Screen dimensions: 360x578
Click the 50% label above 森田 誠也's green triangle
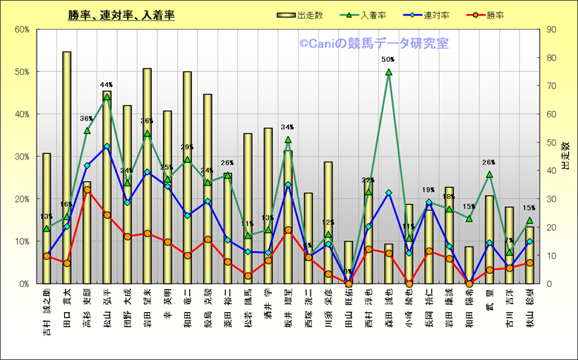pyautogui.click(x=387, y=60)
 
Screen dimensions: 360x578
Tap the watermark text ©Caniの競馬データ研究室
pyautogui.click(x=373, y=44)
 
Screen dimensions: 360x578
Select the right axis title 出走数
pyautogui.click(x=565, y=156)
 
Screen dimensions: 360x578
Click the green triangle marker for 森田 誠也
pyautogui.click(x=388, y=72)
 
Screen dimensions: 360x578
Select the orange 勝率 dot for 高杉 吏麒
pyautogui.click(x=87, y=190)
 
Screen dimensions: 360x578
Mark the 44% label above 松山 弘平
pyautogui.click(x=107, y=85)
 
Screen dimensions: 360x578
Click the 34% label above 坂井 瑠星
pyautogui.click(x=287, y=128)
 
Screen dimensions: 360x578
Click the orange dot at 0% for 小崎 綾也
pyautogui.click(x=409, y=284)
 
